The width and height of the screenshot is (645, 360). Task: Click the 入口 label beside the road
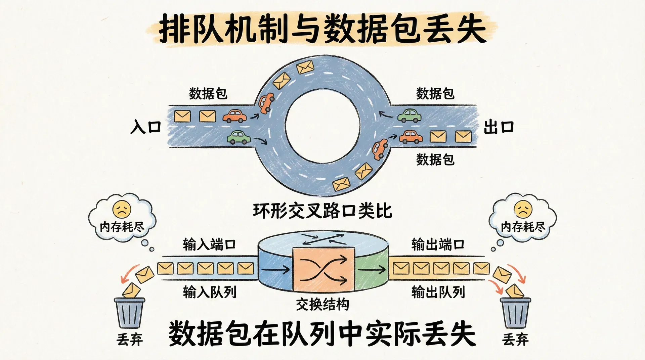pos(146,127)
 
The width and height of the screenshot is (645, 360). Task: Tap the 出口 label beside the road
pos(499,127)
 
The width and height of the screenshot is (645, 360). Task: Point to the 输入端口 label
pos(209,244)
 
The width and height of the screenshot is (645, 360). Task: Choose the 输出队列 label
pos(438,292)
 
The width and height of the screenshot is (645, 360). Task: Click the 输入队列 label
pos(210,292)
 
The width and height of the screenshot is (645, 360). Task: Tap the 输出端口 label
pos(438,244)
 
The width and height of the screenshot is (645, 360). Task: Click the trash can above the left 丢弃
pos(129,313)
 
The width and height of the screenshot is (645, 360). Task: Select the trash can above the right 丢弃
pos(515,313)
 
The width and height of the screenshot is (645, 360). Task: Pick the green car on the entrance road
pos(239,137)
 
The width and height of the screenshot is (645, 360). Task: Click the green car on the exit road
pos(410,116)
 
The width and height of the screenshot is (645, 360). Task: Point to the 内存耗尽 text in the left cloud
pos(122,227)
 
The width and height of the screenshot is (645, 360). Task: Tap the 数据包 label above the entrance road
pos(208,94)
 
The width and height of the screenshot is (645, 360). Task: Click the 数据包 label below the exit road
pos(435,160)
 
